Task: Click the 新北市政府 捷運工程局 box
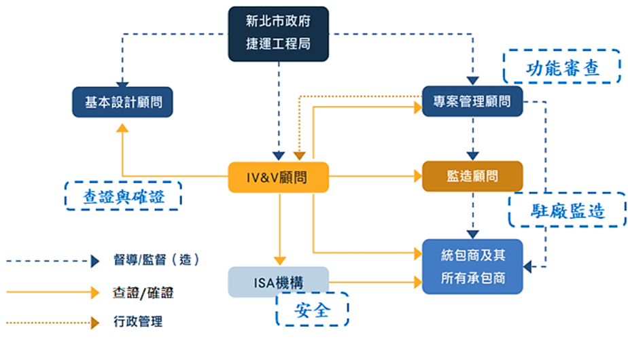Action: coord(279,34)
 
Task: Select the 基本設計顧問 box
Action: coord(122,102)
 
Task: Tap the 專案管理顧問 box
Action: coord(472,101)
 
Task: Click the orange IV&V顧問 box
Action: coord(279,177)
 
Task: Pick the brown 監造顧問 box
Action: coord(472,176)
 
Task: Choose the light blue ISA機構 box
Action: coord(279,282)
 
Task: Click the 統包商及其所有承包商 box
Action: coord(472,267)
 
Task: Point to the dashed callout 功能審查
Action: coord(562,67)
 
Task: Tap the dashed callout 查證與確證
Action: coord(124,196)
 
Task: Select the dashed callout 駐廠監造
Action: coord(567,210)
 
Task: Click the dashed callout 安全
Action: coord(313,309)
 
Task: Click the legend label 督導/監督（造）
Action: coord(156,260)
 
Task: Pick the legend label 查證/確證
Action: coord(143,293)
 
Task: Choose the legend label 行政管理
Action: coord(138,321)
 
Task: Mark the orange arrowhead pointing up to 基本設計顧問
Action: coord(122,128)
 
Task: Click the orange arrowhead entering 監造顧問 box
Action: coord(418,176)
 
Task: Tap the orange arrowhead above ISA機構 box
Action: coord(279,261)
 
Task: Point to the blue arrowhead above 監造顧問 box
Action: coord(472,156)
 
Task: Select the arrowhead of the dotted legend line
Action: coord(95,323)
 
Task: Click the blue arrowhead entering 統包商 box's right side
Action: coord(527,267)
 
